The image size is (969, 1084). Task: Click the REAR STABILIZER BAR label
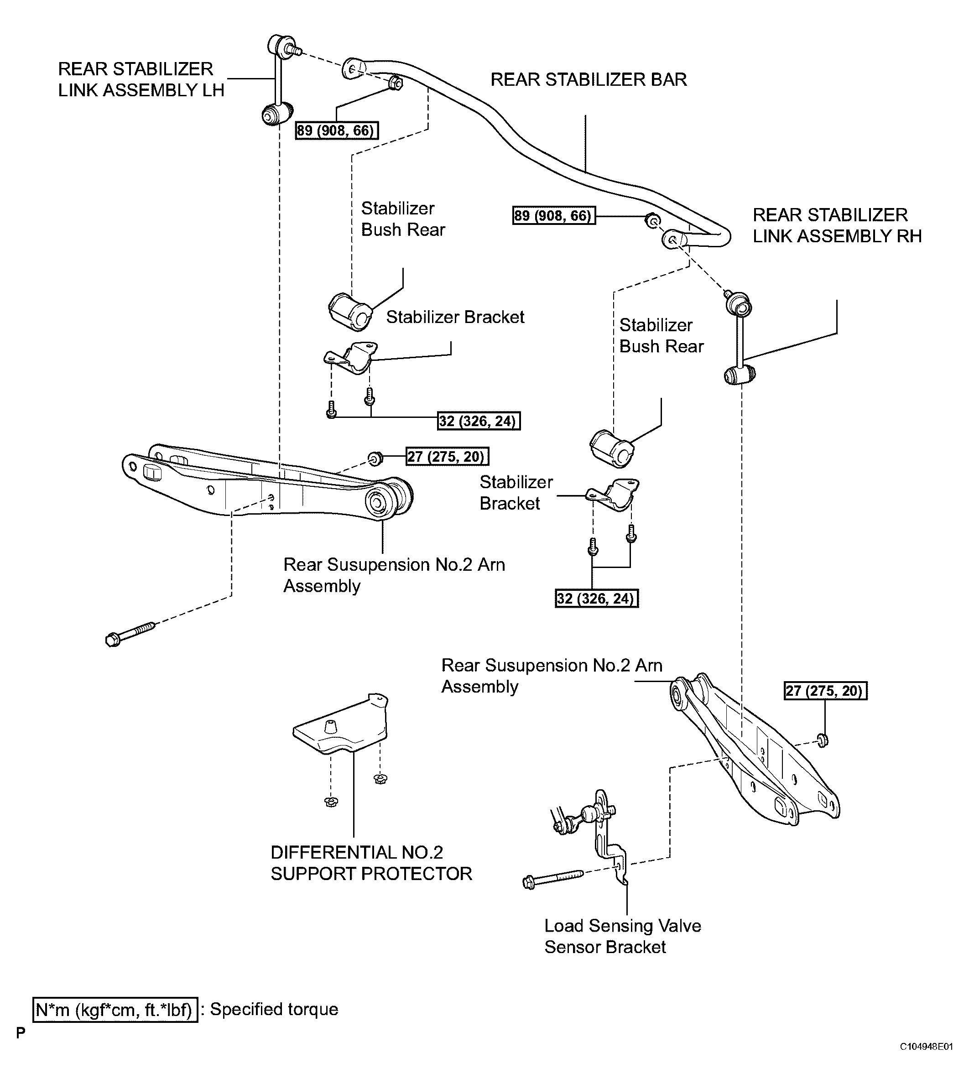click(x=589, y=80)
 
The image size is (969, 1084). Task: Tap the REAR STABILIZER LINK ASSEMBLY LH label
click(x=141, y=80)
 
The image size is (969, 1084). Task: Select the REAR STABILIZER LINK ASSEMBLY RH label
click(x=837, y=226)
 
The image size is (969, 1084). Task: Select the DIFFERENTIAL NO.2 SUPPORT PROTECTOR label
click(x=371, y=863)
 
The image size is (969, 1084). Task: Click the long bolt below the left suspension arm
click(x=130, y=634)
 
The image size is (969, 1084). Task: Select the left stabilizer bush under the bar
click(x=350, y=312)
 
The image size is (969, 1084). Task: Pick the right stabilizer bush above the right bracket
click(x=612, y=449)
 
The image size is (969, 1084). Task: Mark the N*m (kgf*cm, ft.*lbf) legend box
click(x=115, y=1010)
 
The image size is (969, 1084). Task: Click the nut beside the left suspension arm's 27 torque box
click(x=375, y=458)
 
